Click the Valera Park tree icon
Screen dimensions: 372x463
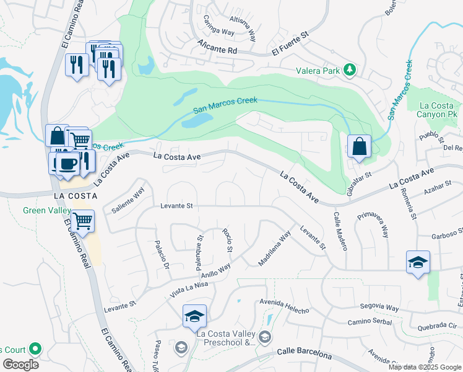tap(349, 70)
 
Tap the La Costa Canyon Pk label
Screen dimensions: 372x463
tap(436, 110)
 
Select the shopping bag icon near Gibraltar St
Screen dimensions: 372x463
tap(359, 148)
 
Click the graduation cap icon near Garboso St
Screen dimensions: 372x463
tap(418, 262)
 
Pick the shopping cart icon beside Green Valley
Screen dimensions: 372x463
tap(82, 220)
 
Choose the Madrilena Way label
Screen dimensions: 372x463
tap(274, 249)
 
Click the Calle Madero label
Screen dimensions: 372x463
tap(340, 232)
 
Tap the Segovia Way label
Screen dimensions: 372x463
tap(378, 307)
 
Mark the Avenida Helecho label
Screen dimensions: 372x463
tap(283, 306)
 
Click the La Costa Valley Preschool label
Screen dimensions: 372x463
tap(225, 337)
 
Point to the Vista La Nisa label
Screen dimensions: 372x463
tap(190, 287)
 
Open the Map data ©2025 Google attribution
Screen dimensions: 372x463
tap(425, 367)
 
